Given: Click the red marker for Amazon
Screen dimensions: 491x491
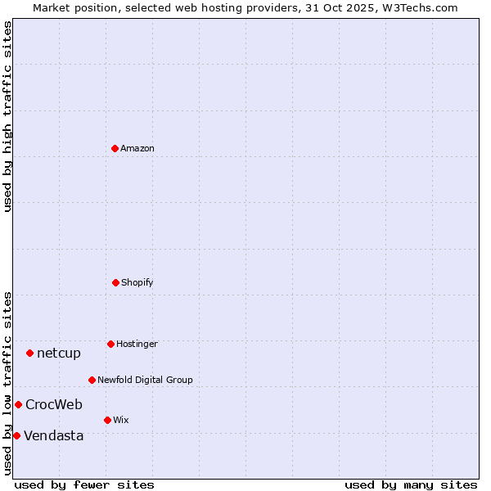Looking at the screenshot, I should (x=115, y=148).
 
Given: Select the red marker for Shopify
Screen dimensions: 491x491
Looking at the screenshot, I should (x=115, y=282).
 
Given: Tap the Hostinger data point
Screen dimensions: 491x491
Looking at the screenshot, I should (x=110, y=344).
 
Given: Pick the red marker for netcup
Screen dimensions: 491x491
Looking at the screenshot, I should (x=29, y=353).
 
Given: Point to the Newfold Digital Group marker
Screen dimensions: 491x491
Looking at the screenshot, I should (x=92, y=380).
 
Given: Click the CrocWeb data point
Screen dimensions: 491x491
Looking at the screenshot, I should (x=18, y=404).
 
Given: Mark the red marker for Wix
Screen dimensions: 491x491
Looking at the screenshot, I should (x=107, y=420).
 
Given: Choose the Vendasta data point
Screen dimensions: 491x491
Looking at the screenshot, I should (x=16, y=435).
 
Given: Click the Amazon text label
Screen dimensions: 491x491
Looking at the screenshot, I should (x=137, y=148).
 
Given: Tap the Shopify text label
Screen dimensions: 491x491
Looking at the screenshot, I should (x=137, y=282).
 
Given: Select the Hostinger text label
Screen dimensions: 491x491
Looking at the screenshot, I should (x=137, y=344).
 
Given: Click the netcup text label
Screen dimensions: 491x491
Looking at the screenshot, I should (x=59, y=353).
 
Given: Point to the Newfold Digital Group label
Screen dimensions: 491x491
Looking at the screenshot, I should (x=145, y=380).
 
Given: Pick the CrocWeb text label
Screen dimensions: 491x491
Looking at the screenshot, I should (x=54, y=404).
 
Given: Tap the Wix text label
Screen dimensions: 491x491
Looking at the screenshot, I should (x=121, y=420).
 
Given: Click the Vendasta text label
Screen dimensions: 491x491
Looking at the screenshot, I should (x=54, y=435).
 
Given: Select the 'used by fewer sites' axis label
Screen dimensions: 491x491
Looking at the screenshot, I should (x=84, y=484).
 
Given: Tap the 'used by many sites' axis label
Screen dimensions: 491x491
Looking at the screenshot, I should (x=411, y=484).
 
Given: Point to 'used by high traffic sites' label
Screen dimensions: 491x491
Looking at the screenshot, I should (x=7, y=116).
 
